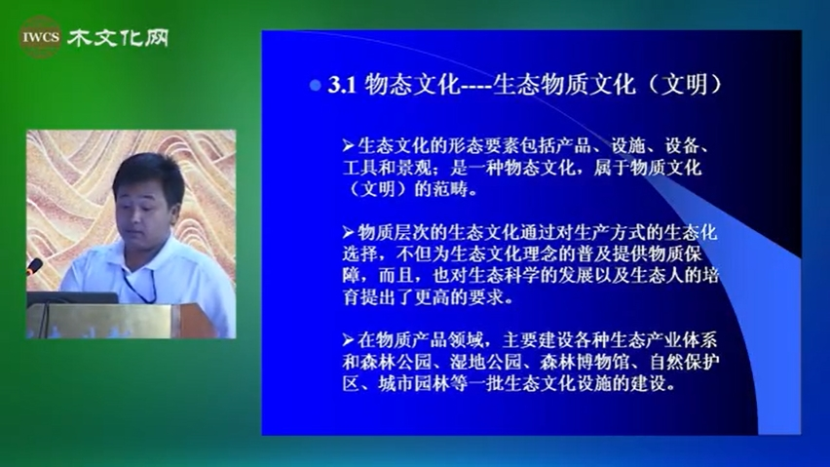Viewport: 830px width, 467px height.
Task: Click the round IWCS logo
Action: (40, 36)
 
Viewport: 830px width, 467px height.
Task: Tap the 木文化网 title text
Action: (118, 38)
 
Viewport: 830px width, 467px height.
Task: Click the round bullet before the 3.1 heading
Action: (316, 85)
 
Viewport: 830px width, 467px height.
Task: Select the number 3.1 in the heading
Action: (341, 85)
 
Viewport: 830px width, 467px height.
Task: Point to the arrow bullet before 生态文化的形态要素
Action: (349, 145)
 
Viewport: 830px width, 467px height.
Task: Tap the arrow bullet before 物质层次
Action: (349, 232)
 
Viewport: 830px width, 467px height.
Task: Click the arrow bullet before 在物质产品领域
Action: (349, 339)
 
